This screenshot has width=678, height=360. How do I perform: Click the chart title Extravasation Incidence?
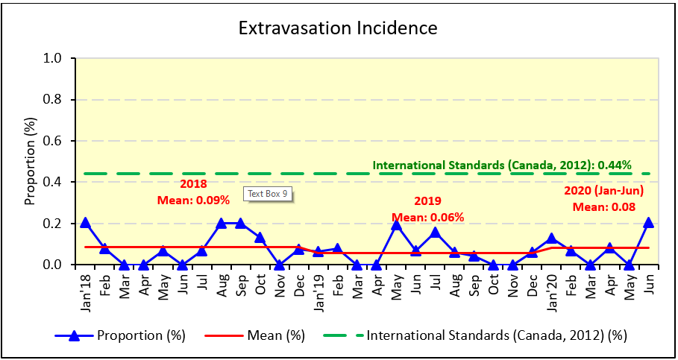click(338, 28)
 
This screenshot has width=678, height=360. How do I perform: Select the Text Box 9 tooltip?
click(267, 194)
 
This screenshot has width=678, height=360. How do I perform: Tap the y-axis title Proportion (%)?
click(31, 160)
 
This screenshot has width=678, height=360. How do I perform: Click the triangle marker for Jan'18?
click(85, 222)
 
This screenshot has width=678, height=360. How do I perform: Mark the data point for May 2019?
click(396, 225)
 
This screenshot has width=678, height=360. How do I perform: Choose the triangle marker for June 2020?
click(648, 222)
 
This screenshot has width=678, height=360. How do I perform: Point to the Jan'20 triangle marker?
click(551, 239)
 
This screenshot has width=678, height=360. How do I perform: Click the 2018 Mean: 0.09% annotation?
click(193, 192)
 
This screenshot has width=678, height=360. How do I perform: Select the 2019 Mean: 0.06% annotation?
click(428, 209)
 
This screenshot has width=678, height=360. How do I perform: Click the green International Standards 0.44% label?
click(502, 165)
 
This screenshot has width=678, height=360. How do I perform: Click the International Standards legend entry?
click(477, 335)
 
